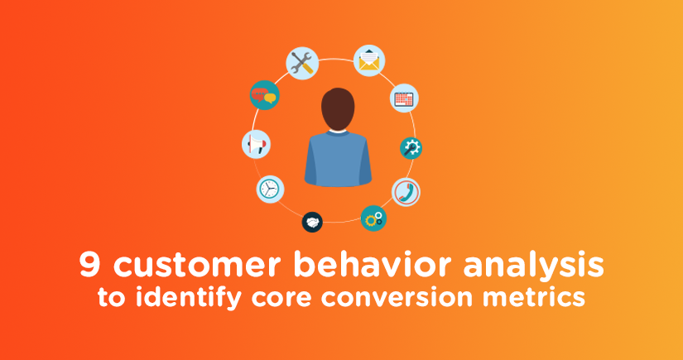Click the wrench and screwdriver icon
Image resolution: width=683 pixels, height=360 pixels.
[x=302, y=63]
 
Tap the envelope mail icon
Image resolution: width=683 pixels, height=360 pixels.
[x=369, y=60]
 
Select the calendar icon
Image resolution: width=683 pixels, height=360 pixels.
[x=404, y=98]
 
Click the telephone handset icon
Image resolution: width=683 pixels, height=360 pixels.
[x=406, y=192]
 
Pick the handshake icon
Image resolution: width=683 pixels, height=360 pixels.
[x=312, y=222]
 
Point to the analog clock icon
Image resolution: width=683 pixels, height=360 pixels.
[x=270, y=189]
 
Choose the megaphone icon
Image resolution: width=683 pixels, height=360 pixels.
[x=256, y=144]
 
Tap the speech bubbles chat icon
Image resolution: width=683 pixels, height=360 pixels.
[x=264, y=95]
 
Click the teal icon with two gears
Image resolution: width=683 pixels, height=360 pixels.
[x=373, y=218]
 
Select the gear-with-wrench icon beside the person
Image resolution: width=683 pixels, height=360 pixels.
[x=411, y=148]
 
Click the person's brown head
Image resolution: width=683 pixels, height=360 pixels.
[x=338, y=108]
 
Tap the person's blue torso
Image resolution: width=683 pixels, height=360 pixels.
[x=338, y=158]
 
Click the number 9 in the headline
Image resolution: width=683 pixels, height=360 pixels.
[x=90, y=265]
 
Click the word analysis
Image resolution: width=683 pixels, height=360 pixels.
[x=534, y=267]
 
